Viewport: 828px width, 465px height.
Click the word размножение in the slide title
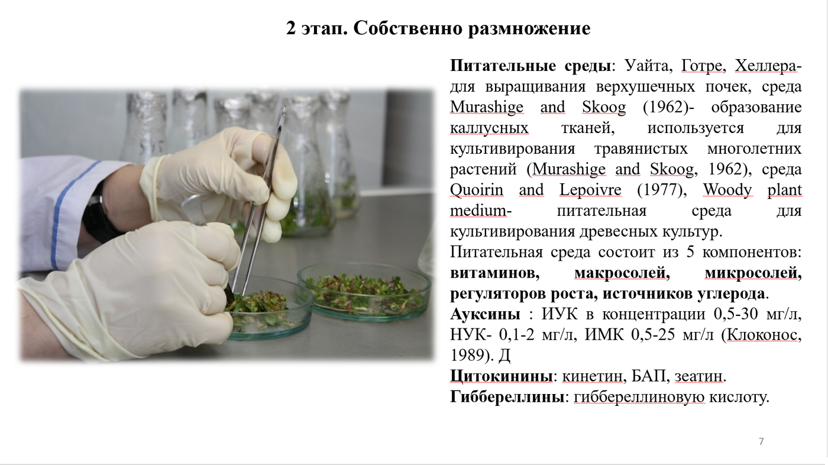pos(529,28)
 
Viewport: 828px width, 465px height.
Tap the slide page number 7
pos(761,441)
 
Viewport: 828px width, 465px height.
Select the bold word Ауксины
pos(485,314)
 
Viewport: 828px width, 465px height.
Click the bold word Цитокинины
pos(502,376)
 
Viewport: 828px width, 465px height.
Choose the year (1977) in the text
pos(662,190)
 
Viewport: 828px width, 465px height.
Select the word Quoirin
pos(477,190)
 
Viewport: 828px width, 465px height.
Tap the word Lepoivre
pos(590,190)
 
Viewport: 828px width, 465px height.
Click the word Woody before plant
pos(727,190)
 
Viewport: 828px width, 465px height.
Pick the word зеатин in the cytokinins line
pos(698,376)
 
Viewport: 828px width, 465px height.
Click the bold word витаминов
pos(494,273)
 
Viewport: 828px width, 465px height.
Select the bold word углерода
pos(731,293)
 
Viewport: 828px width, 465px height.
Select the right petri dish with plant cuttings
pos(364,291)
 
